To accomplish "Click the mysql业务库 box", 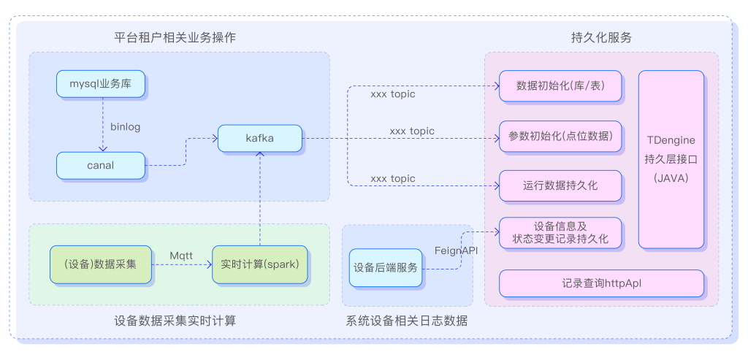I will coord(101,84).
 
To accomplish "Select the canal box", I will coord(101,165).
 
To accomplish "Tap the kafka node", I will coord(260,138).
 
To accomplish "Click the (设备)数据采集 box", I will coord(101,264).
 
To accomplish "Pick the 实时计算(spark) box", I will coord(260,264).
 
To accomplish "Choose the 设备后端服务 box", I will coord(386,267).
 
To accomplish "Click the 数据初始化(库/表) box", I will coord(560,85).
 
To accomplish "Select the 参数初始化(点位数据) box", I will coord(560,136).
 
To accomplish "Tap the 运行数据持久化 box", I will coord(560,185).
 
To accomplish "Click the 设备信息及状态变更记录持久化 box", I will coord(560,233).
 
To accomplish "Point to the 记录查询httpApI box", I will coord(601,283).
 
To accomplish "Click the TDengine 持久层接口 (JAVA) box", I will coord(671,158).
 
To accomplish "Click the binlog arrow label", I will coord(125,126).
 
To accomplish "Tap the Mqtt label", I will coord(181,254).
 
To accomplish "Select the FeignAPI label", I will coord(456,250).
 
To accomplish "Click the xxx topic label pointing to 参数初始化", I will coord(412,131).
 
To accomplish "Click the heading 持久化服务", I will coord(600,37).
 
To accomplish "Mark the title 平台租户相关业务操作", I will coord(175,37).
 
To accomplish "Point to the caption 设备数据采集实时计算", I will coord(175,321).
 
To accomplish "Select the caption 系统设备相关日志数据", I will coord(406,321).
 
